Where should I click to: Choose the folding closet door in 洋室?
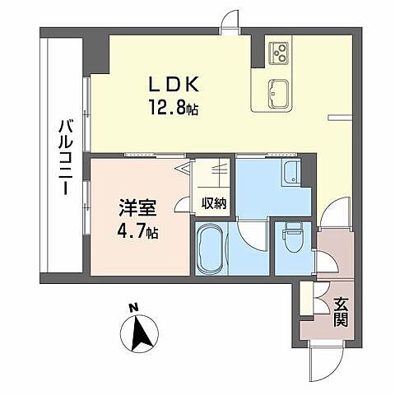184,175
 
